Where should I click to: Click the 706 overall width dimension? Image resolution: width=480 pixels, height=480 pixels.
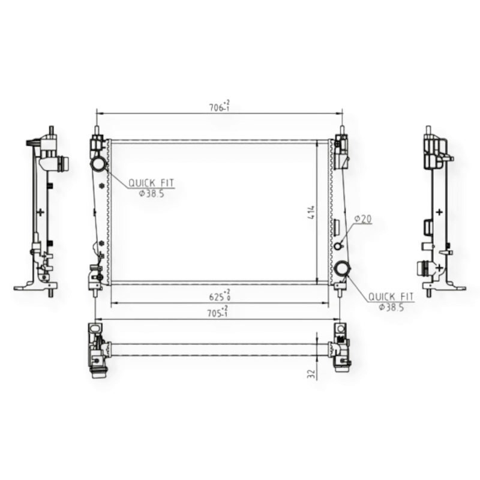point(219,106)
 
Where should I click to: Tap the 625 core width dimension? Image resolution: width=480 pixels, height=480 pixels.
point(220,295)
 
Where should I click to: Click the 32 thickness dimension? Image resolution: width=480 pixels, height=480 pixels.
point(311,374)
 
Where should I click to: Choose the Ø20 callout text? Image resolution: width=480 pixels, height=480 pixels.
point(363,219)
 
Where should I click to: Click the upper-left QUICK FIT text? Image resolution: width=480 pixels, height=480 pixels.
point(151,183)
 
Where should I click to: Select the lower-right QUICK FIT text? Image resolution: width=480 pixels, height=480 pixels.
point(391,296)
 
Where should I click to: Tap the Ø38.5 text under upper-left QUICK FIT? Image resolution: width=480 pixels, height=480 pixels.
point(152,193)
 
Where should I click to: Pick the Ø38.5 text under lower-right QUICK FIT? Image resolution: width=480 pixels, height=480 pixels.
point(391,307)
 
